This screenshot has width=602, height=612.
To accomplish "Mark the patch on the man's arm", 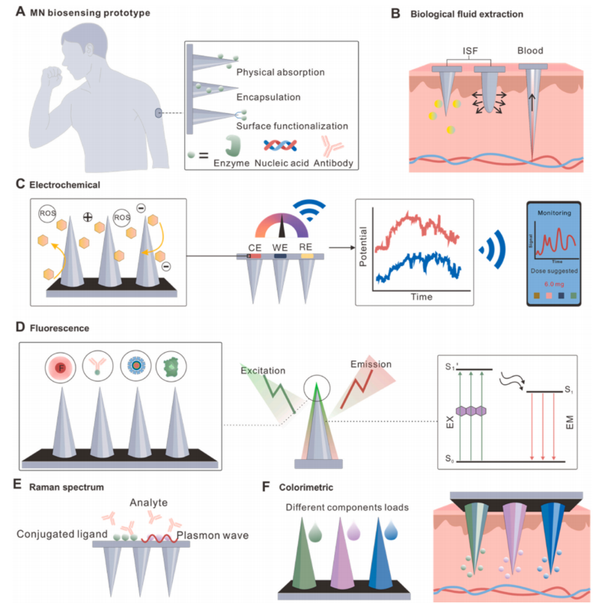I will [x=158, y=114].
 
